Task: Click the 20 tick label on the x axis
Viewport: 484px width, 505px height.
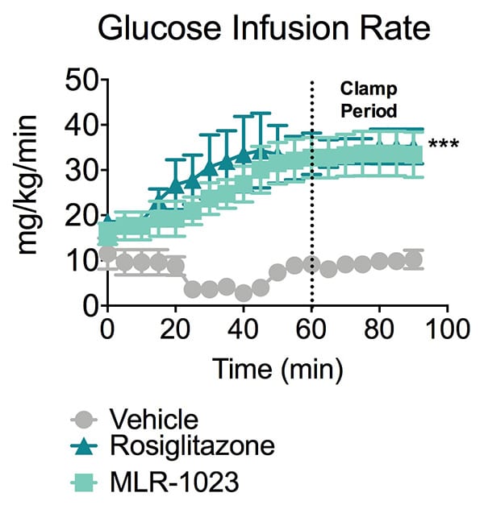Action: click(x=175, y=329)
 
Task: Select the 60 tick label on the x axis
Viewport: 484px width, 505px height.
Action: click(x=312, y=329)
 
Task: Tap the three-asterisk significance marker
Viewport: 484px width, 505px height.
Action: click(x=443, y=146)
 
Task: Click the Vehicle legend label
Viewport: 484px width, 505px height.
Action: click(x=152, y=420)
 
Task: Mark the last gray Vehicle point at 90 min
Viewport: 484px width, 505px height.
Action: click(x=414, y=259)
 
